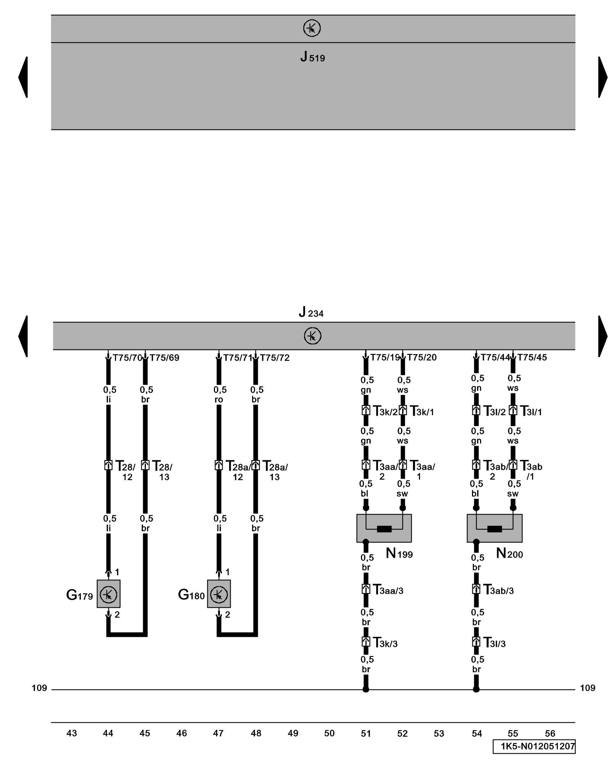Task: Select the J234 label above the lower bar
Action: pyautogui.click(x=311, y=312)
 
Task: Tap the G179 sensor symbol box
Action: pyautogui.click(x=108, y=594)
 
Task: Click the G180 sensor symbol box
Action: pyautogui.click(x=219, y=594)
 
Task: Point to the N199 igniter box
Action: pyautogui.click(x=384, y=528)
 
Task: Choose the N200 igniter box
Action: pyautogui.click(x=494, y=528)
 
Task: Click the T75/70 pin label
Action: pyautogui.click(x=127, y=358)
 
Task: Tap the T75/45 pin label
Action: pyautogui.click(x=532, y=357)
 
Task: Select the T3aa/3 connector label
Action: pyautogui.click(x=388, y=590)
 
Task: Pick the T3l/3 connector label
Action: pyautogui.click(x=494, y=643)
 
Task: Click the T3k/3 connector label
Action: pyautogui.click(x=385, y=643)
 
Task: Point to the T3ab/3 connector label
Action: pyautogui.click(x=498, y=590)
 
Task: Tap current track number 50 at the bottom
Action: pyautogui.click(x=329, y=733)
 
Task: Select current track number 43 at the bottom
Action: pyautogui.click(x=71, y=733)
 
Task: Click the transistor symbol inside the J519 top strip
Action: pyautogui.click(x=312, y=28)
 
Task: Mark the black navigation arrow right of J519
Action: pyautogui.click(x=603, y=77)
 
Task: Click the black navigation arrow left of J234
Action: pyautogui.click(x=23, y=336)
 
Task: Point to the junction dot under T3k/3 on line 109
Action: pyautogui.click(x=366, y=690)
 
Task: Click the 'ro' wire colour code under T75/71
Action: pyautogui.click(x=219, y=400)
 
